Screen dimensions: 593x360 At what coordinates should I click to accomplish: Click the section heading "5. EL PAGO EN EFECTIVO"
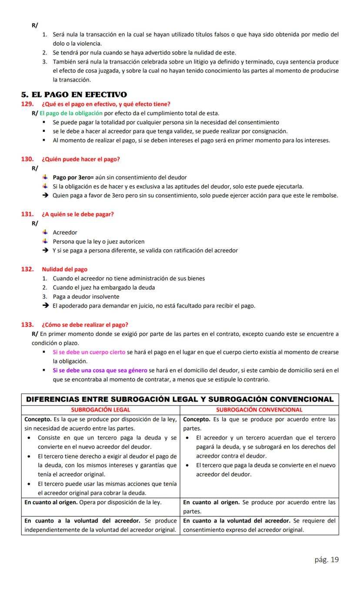[x=74, y=95]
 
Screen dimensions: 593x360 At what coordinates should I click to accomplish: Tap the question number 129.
[x=27, y=104]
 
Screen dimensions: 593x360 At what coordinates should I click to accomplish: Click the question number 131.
[x=27, y=214]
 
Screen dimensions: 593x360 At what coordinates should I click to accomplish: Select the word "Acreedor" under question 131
[x=65, y=232]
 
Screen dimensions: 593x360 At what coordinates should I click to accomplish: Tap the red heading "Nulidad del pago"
[x=64, y=269]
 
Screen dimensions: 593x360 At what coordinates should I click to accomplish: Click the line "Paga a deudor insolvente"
[x=86, y=297]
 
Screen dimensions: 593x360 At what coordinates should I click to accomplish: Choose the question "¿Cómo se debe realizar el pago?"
[x=85, y=325]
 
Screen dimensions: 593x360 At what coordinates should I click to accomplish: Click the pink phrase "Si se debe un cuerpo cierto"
[x=89, y=352]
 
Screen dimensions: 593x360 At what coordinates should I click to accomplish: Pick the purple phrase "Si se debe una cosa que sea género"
[x=100, y=370]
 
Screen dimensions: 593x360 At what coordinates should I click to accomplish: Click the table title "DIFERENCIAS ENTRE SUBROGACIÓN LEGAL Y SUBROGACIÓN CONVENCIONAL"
[x=180, y=399]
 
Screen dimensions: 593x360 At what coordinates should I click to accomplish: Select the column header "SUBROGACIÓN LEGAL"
[x=100, y=410]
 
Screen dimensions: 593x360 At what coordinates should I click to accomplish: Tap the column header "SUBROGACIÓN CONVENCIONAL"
[x=259, y=410]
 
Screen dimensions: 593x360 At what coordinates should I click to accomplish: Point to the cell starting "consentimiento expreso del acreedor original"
[x=243, y=530]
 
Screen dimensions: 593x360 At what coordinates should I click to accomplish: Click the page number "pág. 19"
[x=327, y=559]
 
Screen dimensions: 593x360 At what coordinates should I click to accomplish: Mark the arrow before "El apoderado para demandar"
[x=45, y=306]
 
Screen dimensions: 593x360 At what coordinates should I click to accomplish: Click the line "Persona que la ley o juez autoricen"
[x=98, y=241]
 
